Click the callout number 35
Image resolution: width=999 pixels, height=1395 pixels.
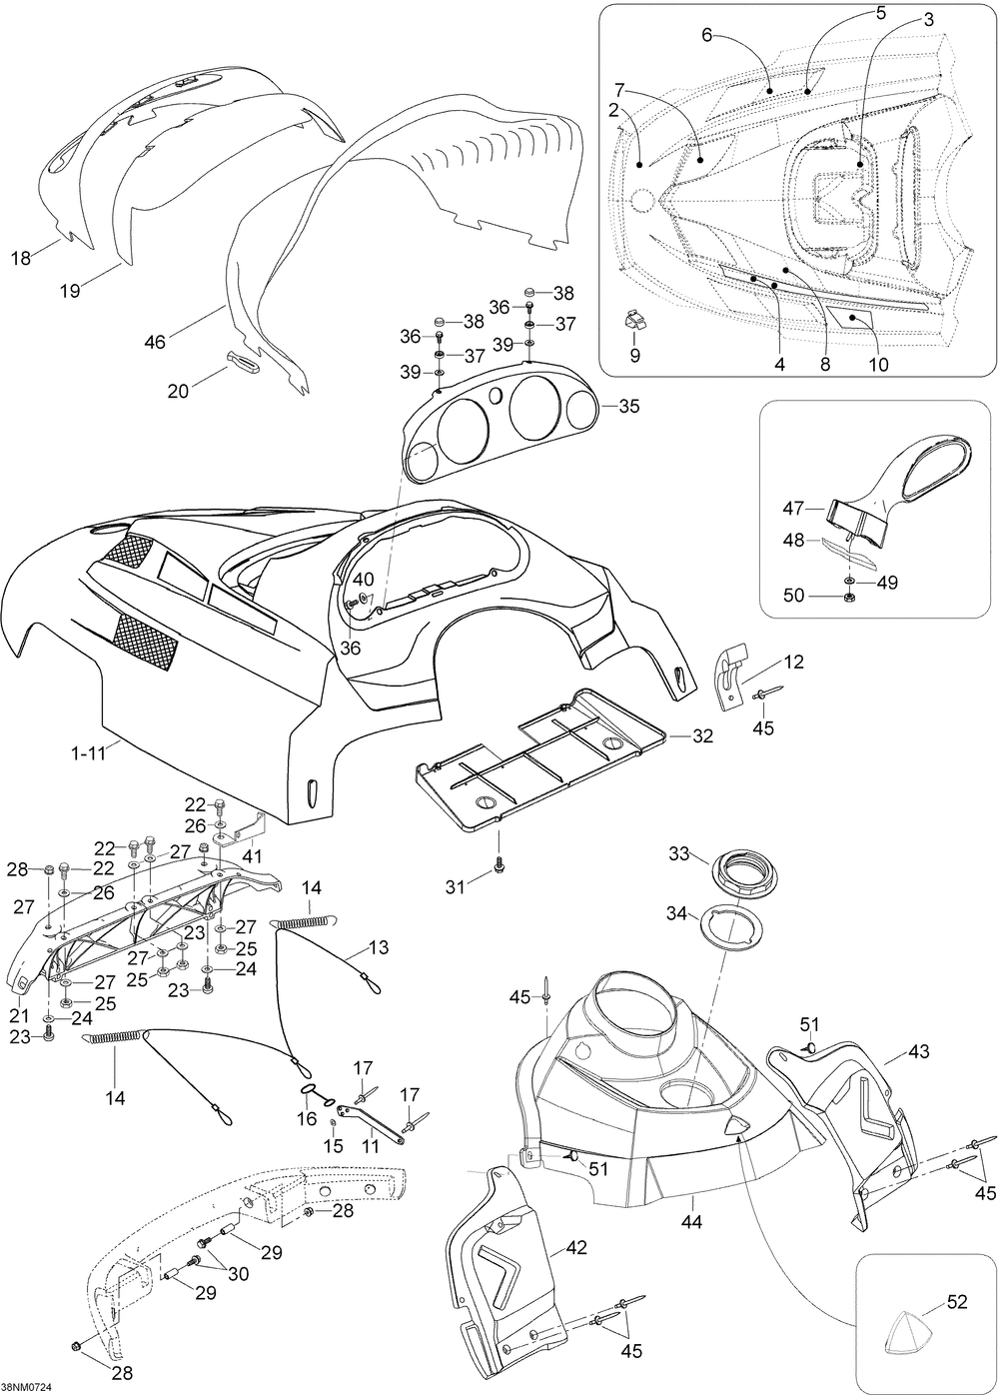(629, 406)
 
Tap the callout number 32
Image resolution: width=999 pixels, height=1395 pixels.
(702, 736)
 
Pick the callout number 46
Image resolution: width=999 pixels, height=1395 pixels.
(155, 342)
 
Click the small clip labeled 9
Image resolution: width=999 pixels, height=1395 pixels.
(635, 320)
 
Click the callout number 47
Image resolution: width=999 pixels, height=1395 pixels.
(793, 509)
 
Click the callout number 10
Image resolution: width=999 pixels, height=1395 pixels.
(878, 364)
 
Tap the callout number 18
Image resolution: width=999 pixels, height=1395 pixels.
(21, 258)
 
